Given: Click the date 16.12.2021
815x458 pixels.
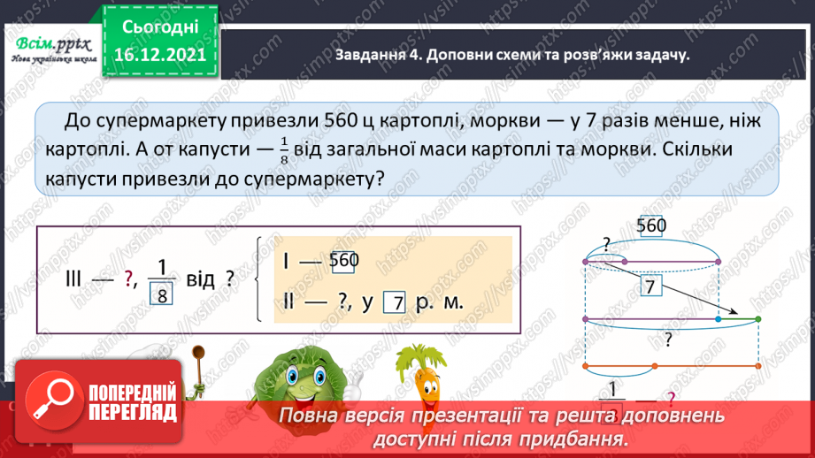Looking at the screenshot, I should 155,54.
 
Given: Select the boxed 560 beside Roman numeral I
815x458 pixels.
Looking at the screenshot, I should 343,262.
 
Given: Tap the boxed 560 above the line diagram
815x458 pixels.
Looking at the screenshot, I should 650,227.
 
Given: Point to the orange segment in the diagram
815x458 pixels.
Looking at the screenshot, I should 672,366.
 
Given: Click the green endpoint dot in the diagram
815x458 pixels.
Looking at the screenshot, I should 758,318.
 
